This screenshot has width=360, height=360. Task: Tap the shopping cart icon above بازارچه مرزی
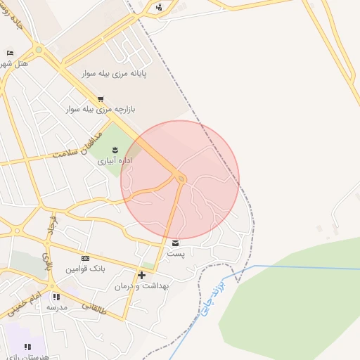pyautogui.click(x=101, y=98)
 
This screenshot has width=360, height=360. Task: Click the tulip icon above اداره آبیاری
pyautogui.click(x=115, y=150)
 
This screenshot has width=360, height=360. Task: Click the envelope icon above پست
pyautogui.click(x=175, y=243)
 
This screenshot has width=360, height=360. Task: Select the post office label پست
pyautogui.click(x=175, y=253)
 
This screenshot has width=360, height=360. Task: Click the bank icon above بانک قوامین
pyautogui.click(x=86, y=258)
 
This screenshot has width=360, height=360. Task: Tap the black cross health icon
pyautogui.click(x=142, y=275)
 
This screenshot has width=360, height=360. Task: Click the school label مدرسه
pyautogui.click(x=56, y=307)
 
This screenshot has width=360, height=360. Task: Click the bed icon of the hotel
pyautogui.click(x=9, y=53)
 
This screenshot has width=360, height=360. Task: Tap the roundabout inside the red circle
pyautogui.click(x=181, y=179)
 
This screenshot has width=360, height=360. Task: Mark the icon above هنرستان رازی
pyautogui.click(x=27, y=347)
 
